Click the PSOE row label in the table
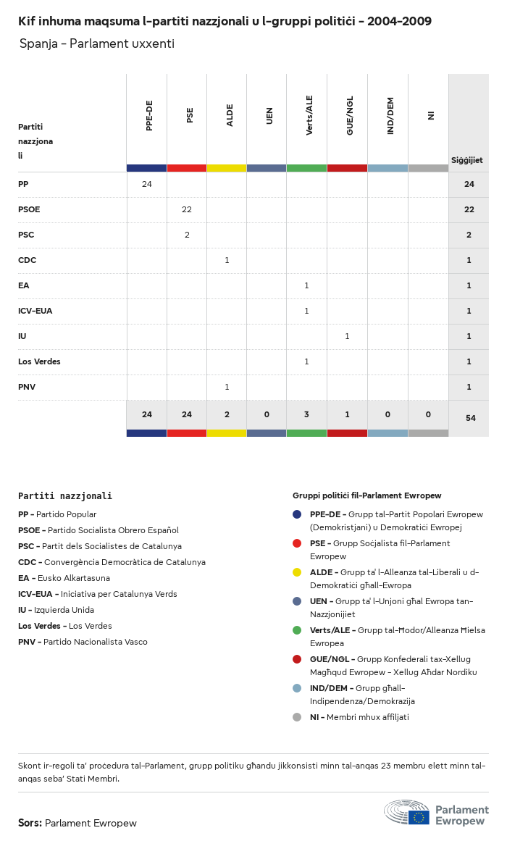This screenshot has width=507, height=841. pos(29,209)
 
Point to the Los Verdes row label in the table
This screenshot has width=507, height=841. pos(39,361)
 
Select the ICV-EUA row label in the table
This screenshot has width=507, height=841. pos(35,311)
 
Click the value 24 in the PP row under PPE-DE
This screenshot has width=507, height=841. pos(147,184)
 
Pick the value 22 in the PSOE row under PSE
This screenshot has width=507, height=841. pos(187,209)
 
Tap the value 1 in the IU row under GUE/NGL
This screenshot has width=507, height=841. pos(347,336)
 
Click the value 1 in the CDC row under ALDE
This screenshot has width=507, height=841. pos(227,260)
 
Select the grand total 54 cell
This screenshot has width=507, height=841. pos(470,418)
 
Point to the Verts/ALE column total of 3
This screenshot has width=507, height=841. pos(306,414)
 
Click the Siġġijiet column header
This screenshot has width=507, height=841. pos(467,160)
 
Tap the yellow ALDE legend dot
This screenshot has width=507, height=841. pos(297,572)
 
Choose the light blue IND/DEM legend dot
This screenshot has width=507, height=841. pos(297,688)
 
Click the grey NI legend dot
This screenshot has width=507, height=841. pos(297,717)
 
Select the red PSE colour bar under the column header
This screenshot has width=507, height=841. pos(187,168)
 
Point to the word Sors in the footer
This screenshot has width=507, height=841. pos(30,823)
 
